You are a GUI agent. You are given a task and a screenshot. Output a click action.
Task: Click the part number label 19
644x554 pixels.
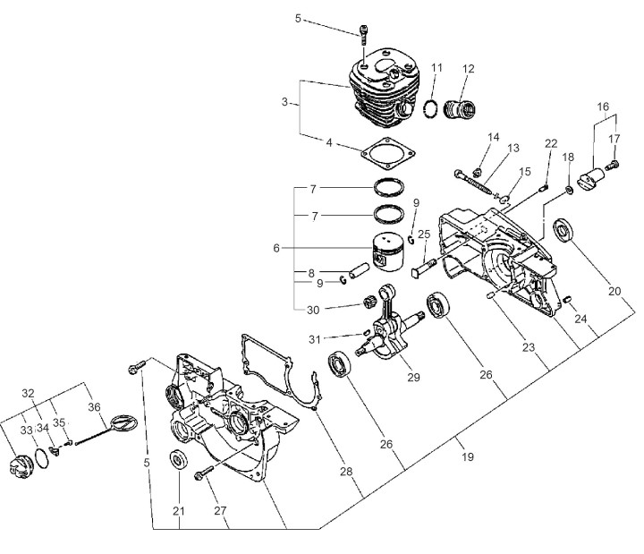[x=468, y=456]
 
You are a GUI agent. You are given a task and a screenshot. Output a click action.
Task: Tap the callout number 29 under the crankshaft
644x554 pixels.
[x=413, y=377]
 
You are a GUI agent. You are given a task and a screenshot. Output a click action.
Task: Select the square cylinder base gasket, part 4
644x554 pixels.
[x=388, y=153]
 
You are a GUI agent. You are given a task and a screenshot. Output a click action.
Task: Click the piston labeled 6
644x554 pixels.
[x=387, y=251]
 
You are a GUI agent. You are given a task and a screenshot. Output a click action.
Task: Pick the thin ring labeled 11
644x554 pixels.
[x=430, y=109]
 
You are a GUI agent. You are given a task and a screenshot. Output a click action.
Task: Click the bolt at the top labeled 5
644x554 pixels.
[x=363, y=35]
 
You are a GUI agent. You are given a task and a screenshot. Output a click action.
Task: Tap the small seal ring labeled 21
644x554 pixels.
[x=179, y=459]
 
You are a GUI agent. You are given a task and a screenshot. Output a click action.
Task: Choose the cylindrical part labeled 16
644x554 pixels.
[x=591, y=179]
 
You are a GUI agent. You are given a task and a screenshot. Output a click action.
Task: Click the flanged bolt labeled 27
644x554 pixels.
[x=203, y=473]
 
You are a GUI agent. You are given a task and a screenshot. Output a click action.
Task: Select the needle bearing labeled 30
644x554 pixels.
[x=370, y=303]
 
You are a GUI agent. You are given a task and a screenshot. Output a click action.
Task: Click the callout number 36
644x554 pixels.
[x=94, y=407]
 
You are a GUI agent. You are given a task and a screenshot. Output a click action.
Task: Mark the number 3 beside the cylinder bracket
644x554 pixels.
[x=284, y=101]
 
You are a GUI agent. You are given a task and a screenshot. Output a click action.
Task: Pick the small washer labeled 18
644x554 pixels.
[x=569, y=191]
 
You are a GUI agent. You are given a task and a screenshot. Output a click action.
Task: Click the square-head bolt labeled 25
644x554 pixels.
[x=423, y=267]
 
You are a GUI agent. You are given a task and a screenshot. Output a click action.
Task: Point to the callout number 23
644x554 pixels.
[x=529, y=347]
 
